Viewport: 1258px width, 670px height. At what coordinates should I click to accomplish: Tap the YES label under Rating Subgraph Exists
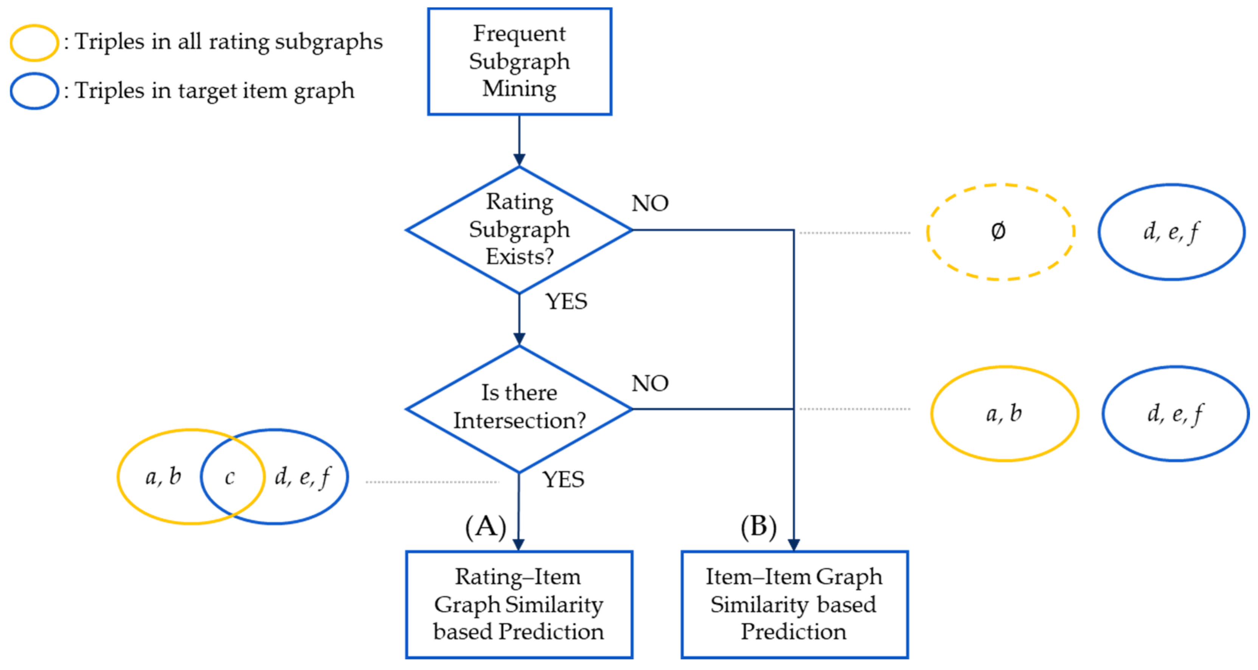pyautogui.click(x=566, y=301)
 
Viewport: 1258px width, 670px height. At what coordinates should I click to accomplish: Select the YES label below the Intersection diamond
pyautogui.click(x=563, y=479)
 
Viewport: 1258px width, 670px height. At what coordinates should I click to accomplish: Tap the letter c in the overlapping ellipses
pyautogui.click(x=230, y=477)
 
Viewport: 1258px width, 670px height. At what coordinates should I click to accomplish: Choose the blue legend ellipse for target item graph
pyautogui.click(x=34, y=92)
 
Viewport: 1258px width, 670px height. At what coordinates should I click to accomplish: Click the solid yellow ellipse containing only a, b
pyautogui.click(x=1004, y=413)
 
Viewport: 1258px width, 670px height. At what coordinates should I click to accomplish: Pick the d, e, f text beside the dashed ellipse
pyautogui.click(x=1171, y=231)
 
